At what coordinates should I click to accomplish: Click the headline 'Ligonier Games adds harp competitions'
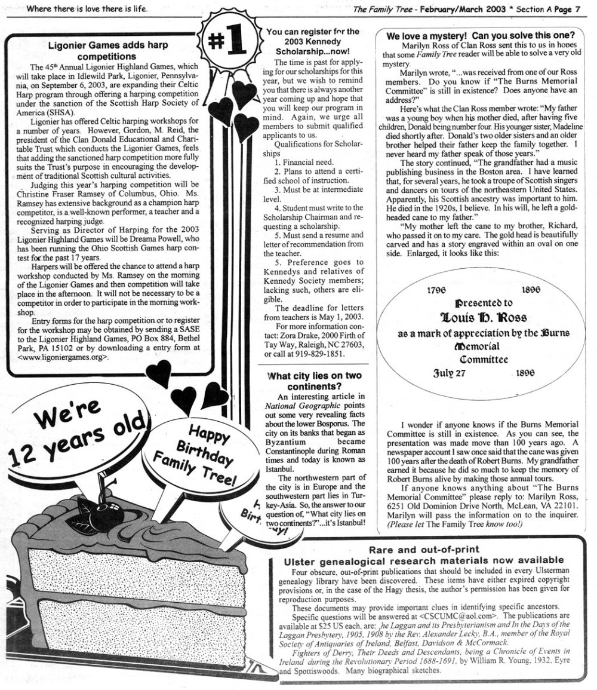(107, 50)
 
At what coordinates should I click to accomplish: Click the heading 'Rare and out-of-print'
(424, 549)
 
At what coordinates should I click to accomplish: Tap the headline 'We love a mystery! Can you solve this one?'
(481, 36)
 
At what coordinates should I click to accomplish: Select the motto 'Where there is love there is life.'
(88, 9)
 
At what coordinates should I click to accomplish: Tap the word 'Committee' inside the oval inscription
(484, 359)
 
